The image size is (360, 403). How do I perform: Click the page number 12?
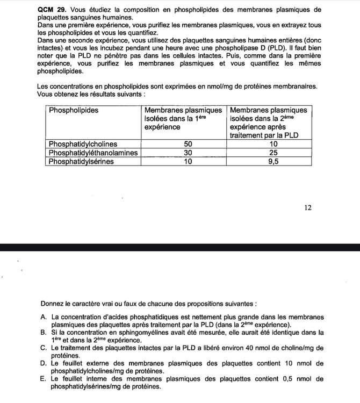tap(308, 207)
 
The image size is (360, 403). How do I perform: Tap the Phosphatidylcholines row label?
tap(83, 145)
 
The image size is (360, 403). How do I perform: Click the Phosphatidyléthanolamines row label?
tap(93, 153)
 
